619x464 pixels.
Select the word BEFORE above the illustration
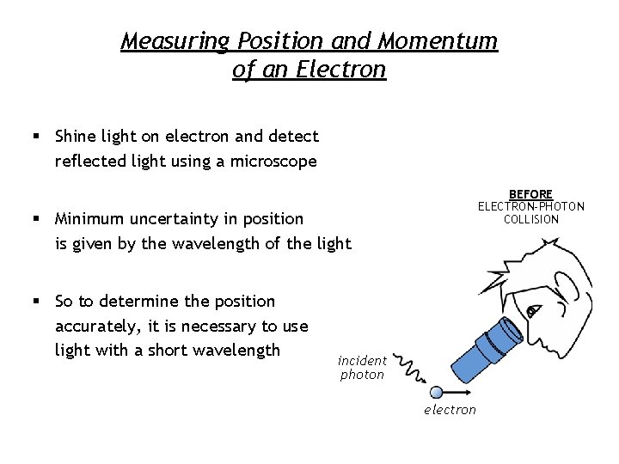530,194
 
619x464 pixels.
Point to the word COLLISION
530,219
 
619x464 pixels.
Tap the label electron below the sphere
450,410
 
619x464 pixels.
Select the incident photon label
362,368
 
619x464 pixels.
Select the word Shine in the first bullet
75,136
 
